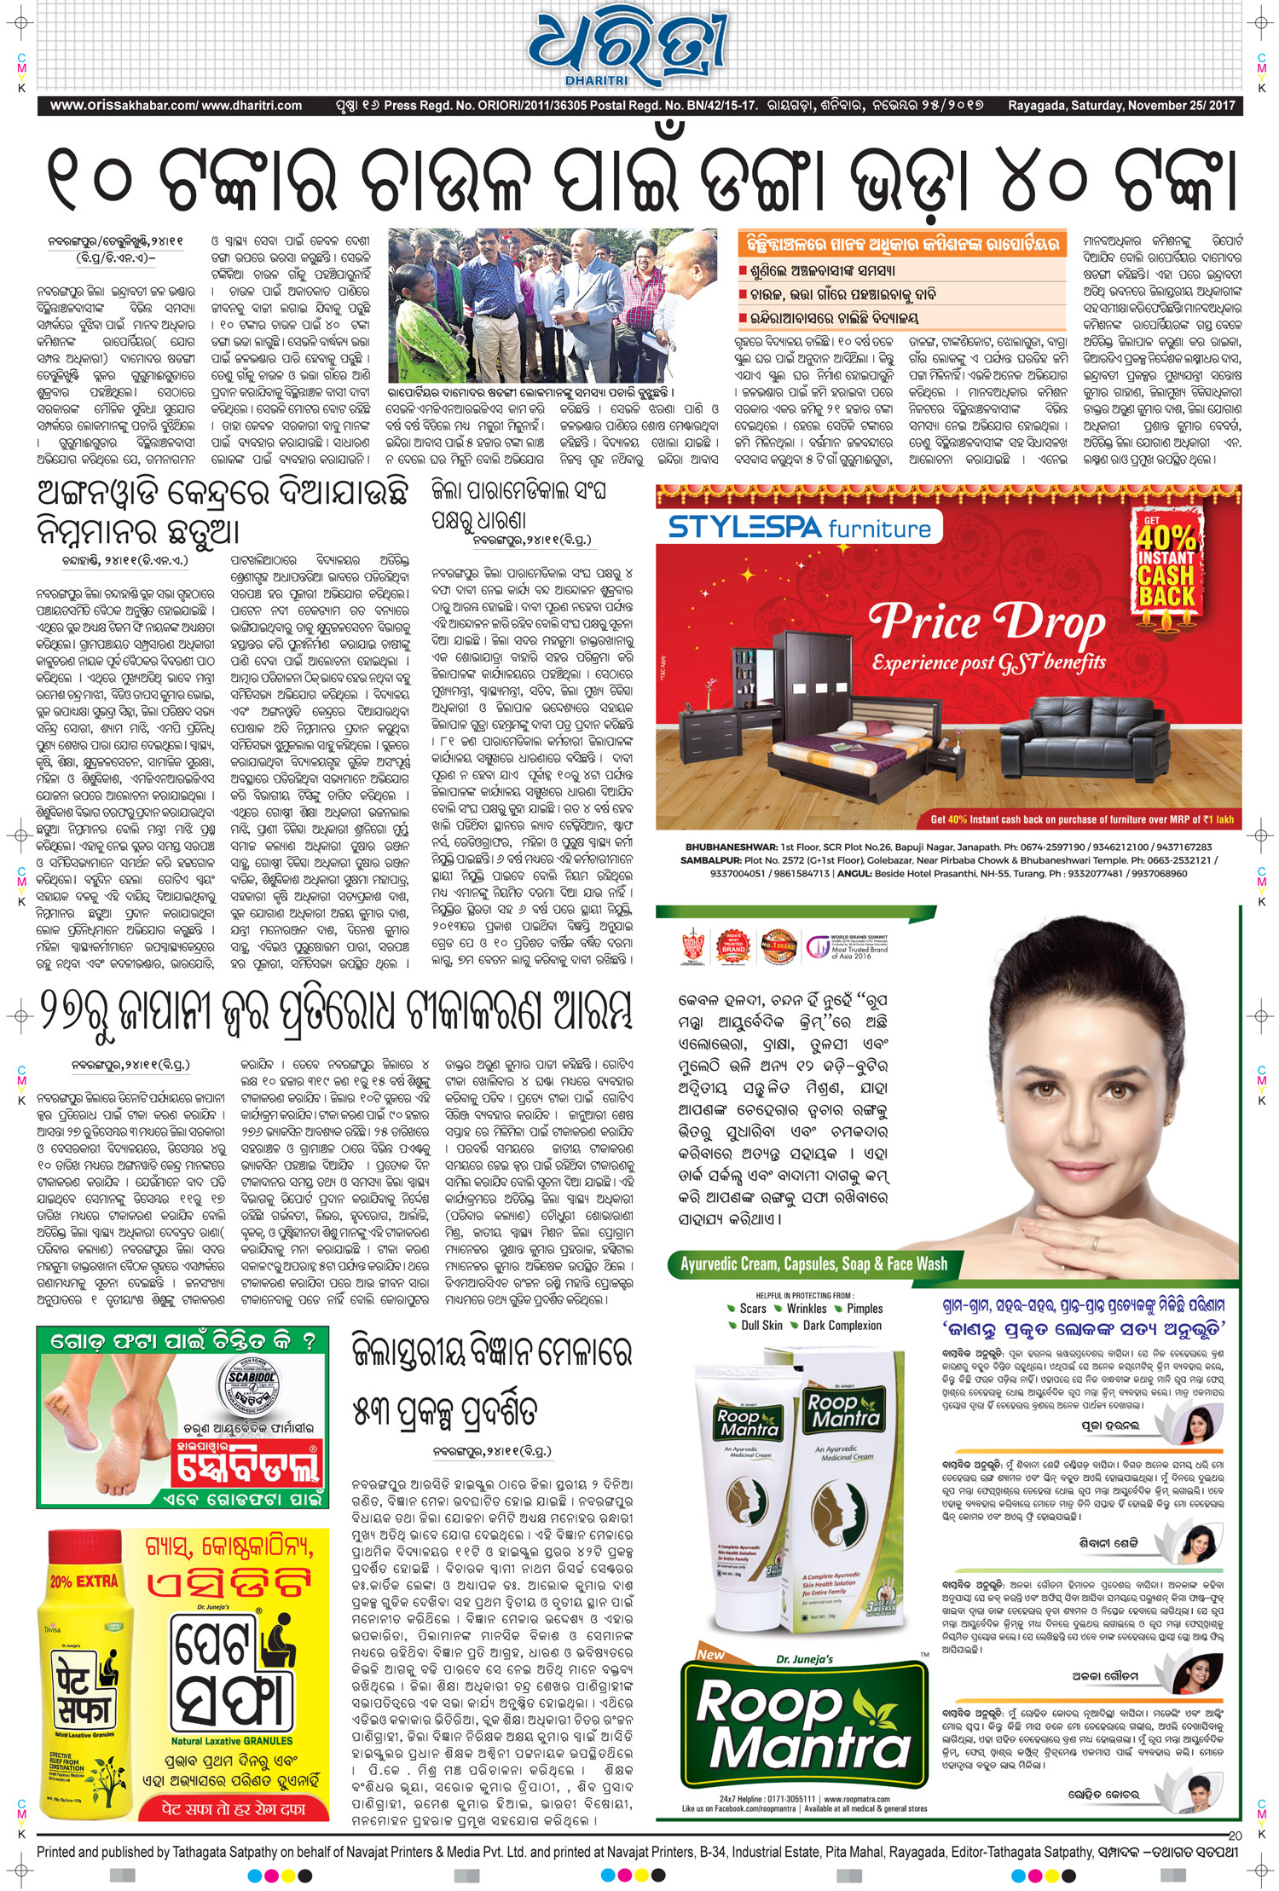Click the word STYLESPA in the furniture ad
pos(744,527)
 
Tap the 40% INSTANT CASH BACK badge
pos(1166,559)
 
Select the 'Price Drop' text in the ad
pos(987,622)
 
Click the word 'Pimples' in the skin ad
pos(865,1309)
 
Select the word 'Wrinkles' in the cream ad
pos(807,1309)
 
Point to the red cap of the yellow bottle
pos(84,1551)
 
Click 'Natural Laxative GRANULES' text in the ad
pos(231,1741)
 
